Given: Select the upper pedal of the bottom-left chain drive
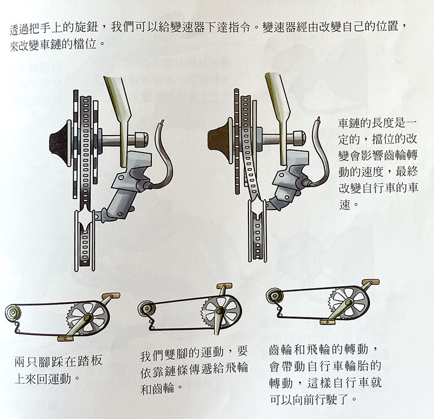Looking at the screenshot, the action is pos(111,296).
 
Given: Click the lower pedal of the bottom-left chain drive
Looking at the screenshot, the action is pos(66,338).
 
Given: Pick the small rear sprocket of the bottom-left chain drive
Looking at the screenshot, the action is pos(12,313).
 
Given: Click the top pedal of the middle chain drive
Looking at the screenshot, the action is pos(224,286).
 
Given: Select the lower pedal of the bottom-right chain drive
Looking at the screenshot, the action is pos(328,322).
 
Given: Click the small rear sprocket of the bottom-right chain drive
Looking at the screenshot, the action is pos(275,296).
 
